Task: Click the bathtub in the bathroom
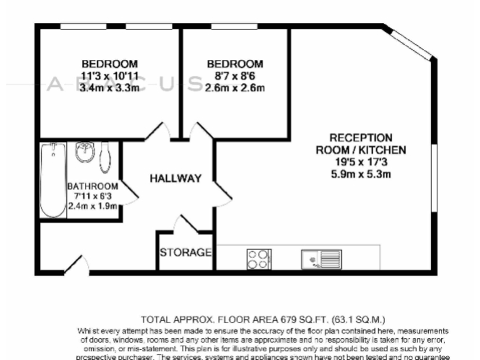[52, 180]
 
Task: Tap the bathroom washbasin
[84, 152]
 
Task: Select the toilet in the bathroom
[105, 156]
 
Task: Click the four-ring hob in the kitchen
[258, 258]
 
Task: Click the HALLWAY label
[176, 179]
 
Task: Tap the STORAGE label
[186, 253]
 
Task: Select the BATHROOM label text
[93, 186]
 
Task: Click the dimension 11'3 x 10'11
[109, 76]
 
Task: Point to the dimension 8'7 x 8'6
[234, 76]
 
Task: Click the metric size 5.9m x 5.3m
[361, 174]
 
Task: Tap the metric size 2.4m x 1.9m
[93, 206]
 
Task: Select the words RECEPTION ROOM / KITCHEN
[361, 144]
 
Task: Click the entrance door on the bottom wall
[76, 266]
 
